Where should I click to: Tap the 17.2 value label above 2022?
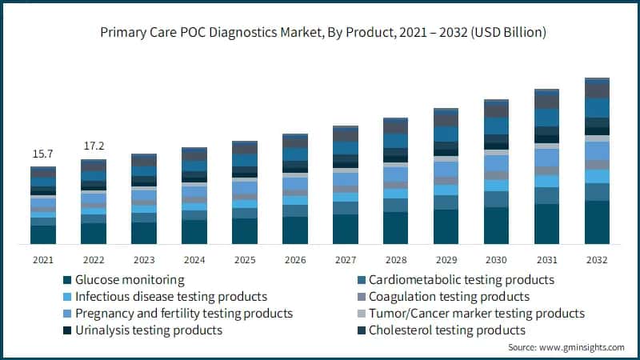[x=94, y=146]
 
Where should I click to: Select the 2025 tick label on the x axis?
[x=244, y=260]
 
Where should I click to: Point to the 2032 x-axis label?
[x=597, y=260]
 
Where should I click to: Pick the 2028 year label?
[x=395, y=260]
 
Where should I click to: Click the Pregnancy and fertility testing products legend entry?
[x=184, y=314]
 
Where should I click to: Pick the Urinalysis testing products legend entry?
[x=149, y=330]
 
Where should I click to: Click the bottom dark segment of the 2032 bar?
[x=597, y=222]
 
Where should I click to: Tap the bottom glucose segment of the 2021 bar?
[x=43, y=234]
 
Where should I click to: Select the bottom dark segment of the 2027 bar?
[x=345, y=229]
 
